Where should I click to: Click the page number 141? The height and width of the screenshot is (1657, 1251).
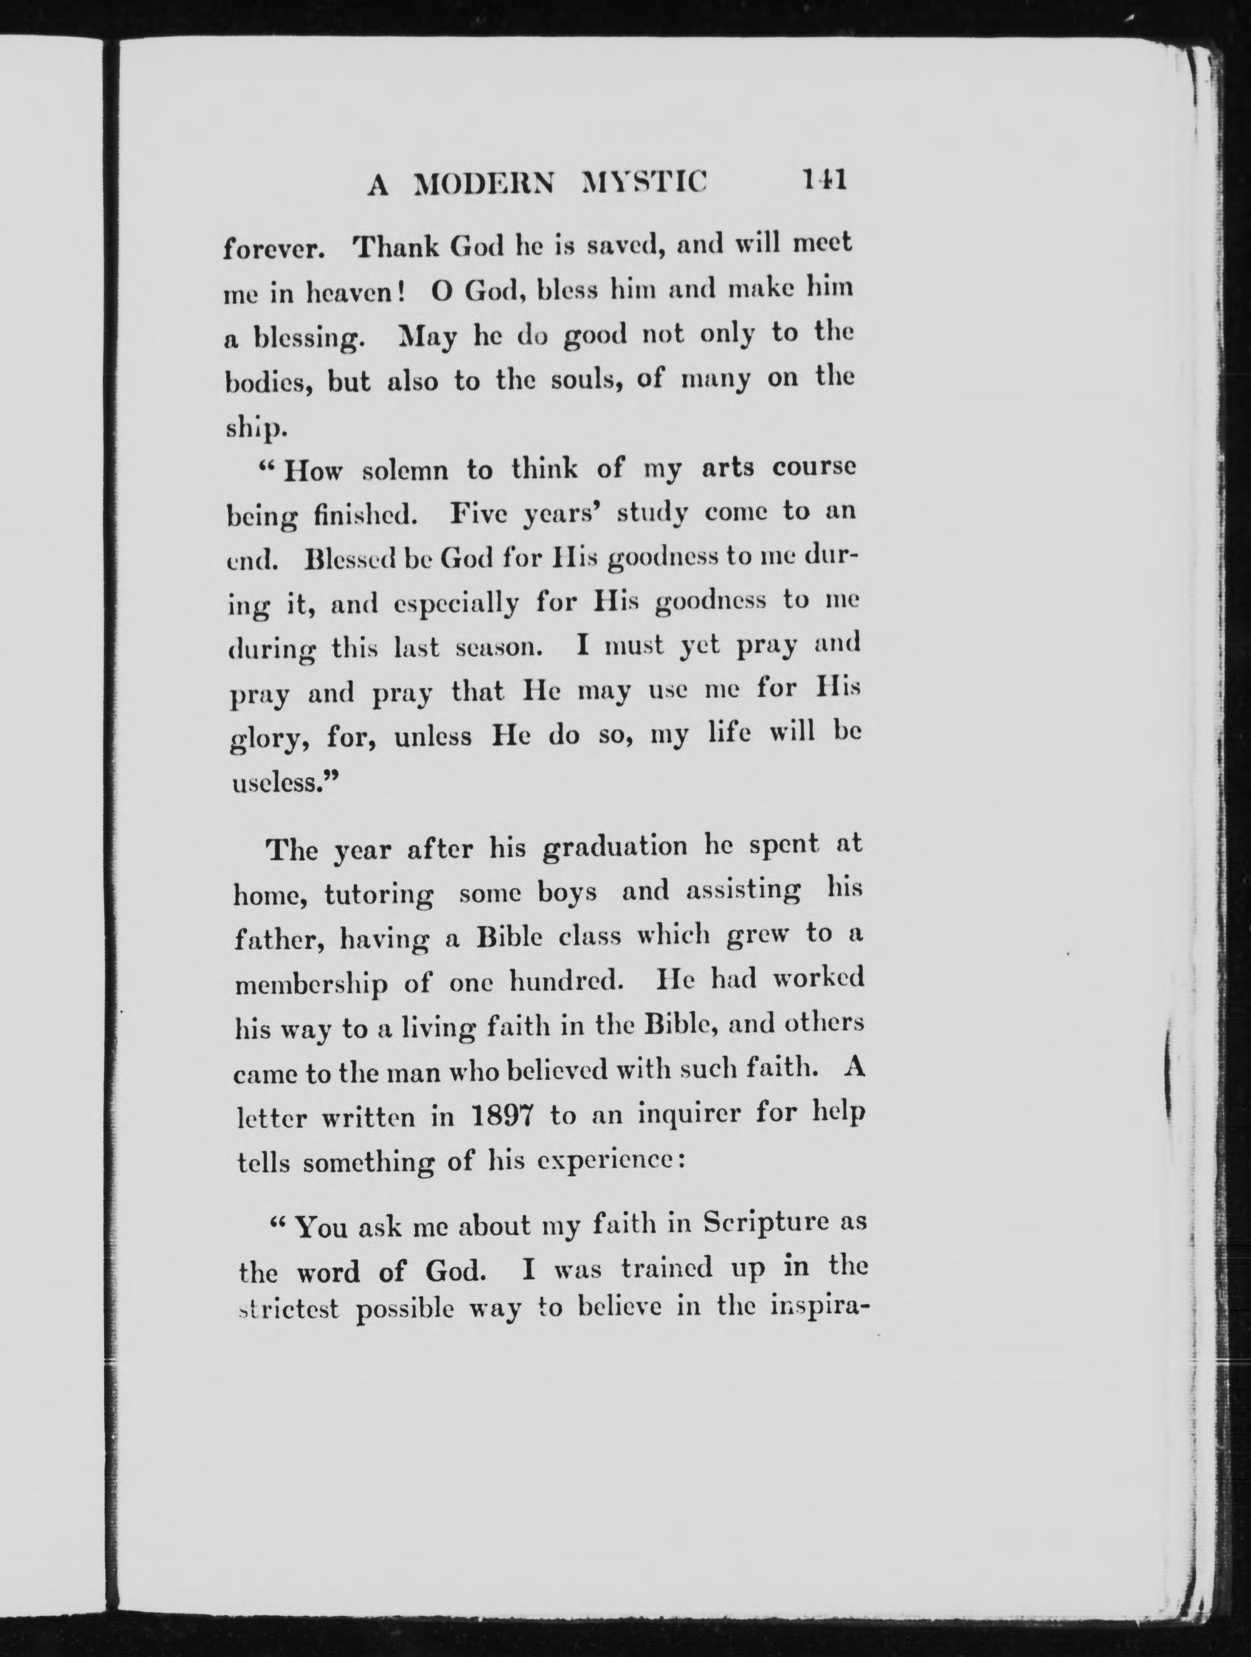pos(823,181)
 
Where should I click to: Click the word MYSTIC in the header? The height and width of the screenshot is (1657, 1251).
pos(645,183)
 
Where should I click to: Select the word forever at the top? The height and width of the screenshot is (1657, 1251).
pos(274,249)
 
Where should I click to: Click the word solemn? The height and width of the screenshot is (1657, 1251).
pos(405,470)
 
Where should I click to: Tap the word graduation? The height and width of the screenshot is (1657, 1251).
pos(614,848)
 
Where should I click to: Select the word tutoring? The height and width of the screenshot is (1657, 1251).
pos(378,895)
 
